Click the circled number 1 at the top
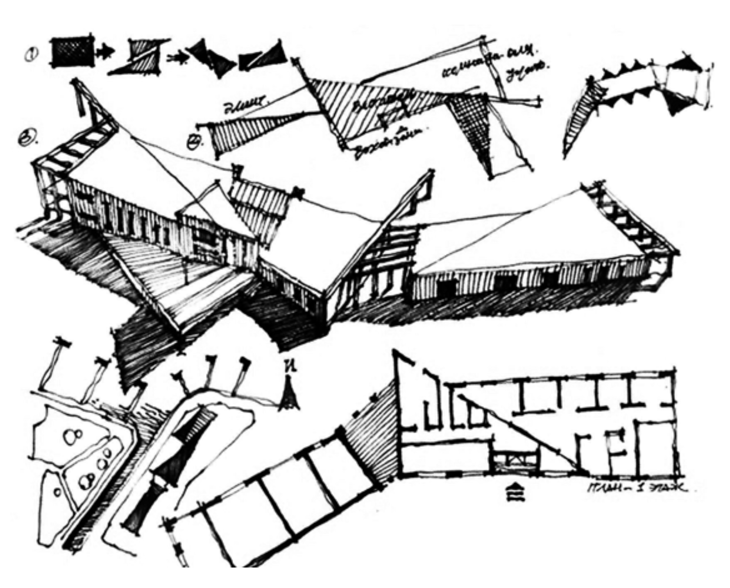tap(31, 55)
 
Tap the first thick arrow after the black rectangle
tap(105, 52)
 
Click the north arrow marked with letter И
tap(290, 395)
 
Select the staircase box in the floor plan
tap(514, 459)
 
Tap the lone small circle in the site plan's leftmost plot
tap(58, 491)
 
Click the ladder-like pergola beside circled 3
tap(74, 147)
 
